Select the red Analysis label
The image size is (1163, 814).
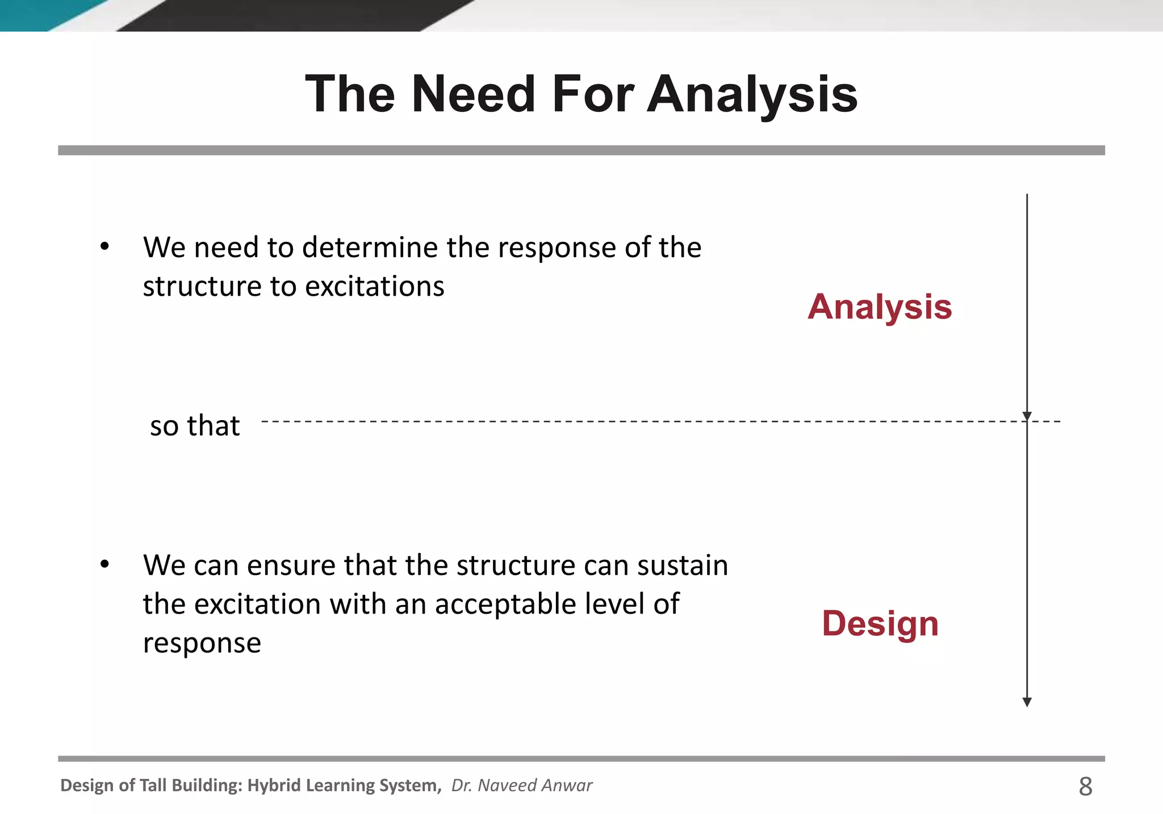879,307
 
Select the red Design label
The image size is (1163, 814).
880,623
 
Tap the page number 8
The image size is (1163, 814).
1085,786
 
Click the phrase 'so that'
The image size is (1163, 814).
195,426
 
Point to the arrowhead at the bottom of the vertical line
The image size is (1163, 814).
1027,702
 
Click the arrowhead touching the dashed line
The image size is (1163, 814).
1027,416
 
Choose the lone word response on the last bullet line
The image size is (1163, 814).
202,643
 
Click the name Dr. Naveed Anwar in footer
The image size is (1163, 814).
521,785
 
